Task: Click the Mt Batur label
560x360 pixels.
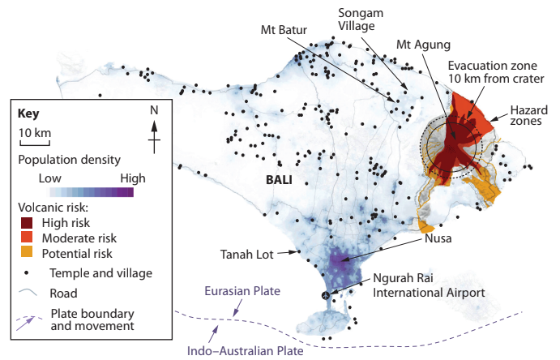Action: point(284,31)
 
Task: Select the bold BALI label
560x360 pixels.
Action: point(280,180)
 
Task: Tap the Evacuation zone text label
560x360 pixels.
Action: point(496,71)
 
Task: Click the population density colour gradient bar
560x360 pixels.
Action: point(91,192)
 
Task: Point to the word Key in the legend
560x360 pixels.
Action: point(28,114)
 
